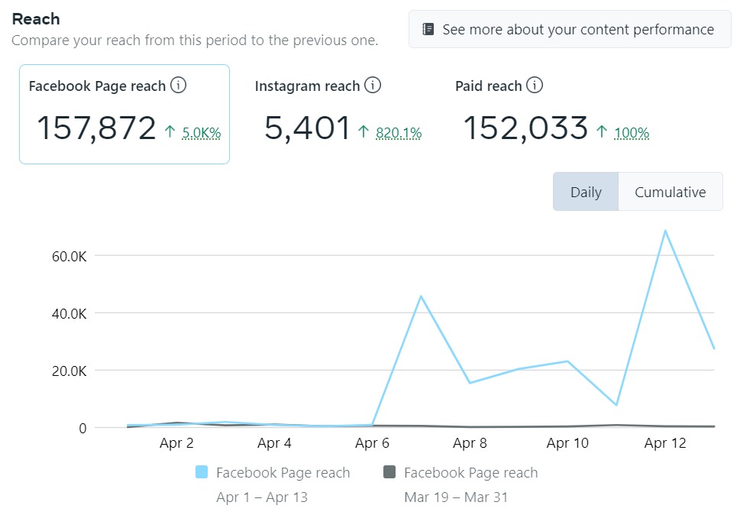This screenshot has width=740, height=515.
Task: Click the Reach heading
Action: pyautogui.click(x=36, y=18)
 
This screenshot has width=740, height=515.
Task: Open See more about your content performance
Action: pyautogui.click(x=569, y=30)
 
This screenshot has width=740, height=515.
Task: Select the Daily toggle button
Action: pyautogui.click(x=586, y=192)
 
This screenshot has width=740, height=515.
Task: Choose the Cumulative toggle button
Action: pyautogui.click(x=670, y=192)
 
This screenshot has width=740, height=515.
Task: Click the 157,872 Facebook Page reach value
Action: pyautogui.click(x=96, y=128)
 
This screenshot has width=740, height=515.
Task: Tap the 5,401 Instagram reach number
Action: pyautogui.click(x=307, y=128)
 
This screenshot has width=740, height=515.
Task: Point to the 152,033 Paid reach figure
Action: pyautogui.click(x=525, y=128)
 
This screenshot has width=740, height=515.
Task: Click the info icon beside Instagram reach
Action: pyautogui.click(x=373, y=85)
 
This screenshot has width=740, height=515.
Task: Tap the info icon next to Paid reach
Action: pyautogui.click(x=535, y=85)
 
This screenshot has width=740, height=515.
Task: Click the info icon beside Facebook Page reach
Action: pyautogui.click(x=178, y=85)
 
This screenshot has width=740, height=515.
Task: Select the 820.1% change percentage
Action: pyautogui.click(x=399, y=133)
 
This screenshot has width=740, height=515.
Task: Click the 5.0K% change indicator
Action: pyautogui.click(x=202, y=133)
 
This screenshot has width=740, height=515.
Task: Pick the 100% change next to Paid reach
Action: pyautogui.click(x=632, y=133)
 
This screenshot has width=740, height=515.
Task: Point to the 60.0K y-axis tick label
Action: pyautogui.click(x=67, y=256)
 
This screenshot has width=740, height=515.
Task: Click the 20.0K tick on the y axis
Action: pyautogui.click(x=67, y=371)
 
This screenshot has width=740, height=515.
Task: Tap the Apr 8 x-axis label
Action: pyautogui.click(x=470, y=443)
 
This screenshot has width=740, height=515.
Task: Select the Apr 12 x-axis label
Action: pyautogui.click(x=665, y=443)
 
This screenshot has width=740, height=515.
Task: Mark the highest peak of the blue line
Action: pyautogui.click(x=665, y=230)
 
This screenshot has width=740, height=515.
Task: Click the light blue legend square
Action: pyautogui.click(x=202, y=472)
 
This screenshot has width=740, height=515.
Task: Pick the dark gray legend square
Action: pyautogui.click(x=389, y=472)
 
